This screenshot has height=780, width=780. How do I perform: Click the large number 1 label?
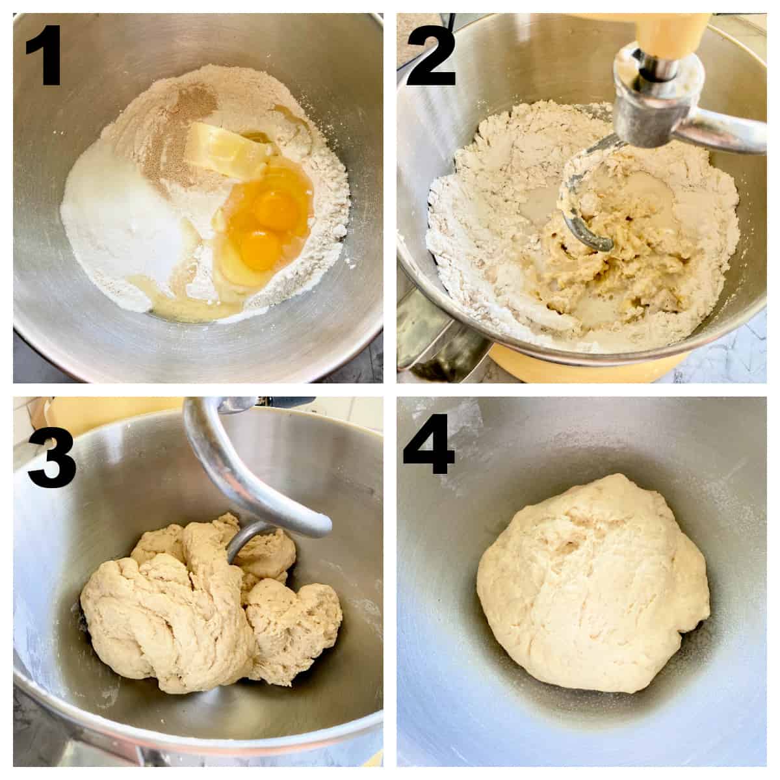tap(44, 55)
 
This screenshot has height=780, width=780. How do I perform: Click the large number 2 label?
tap(431, 55)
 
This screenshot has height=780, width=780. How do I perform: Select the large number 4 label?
tap(428, 443)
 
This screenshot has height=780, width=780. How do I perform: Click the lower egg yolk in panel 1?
tap(260, 250)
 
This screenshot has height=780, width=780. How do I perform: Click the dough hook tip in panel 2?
tap(605, 245)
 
